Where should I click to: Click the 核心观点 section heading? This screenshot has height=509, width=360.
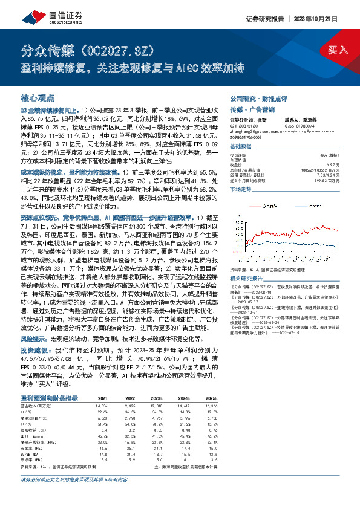coord(38,97)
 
